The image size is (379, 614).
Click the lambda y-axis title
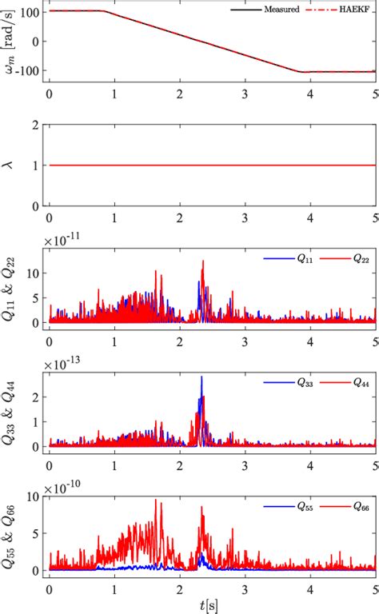click(x=10, y=165)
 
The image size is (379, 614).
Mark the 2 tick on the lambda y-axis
click(x=36, y=125)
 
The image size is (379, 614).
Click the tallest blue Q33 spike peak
click(x=201, y=377)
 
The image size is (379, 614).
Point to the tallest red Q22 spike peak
click(x=203, y=261)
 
